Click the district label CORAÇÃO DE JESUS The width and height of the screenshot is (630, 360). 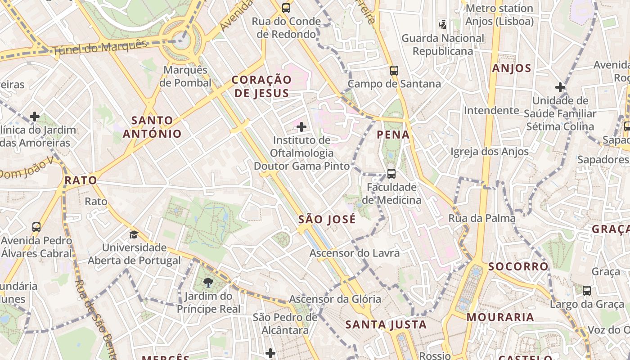(x=261, y=86)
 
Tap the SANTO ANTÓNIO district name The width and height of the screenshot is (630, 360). (x=152, y=127)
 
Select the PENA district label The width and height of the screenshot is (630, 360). (x=393, y=134)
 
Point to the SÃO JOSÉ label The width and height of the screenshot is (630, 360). (x=327, y=220)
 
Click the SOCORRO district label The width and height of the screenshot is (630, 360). (x=518, y=266)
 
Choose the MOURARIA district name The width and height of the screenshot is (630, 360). (x=500, y=317)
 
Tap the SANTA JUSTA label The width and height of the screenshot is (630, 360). (x=386, y=324)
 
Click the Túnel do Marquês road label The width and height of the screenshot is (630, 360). (x=100, y=48)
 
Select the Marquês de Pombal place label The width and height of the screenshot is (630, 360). (x=185, y=76)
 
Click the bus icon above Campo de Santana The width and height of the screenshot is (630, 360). (x=394, y=70)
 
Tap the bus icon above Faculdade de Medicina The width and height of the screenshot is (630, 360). (x=391, y=173)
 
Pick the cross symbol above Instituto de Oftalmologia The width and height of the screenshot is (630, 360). (x=301, y=127)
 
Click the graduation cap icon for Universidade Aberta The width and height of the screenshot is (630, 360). (x=134, y=234)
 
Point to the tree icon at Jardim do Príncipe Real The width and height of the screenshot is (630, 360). (x=208, y=283)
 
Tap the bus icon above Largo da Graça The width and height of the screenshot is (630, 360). (x=587, y=291)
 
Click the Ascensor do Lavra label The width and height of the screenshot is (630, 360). (x=354, y=253)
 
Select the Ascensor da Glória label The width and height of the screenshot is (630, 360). (x=335, y=299)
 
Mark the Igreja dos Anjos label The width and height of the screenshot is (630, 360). (x=490, y=152)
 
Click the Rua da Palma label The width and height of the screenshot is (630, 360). (x=482, y=218)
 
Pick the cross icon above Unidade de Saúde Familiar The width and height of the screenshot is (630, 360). (x=560, y=87)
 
